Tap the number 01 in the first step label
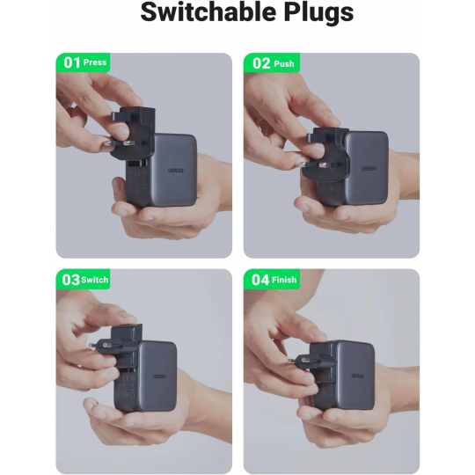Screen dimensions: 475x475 pos(71,62)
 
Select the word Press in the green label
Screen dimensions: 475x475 pos(95,63)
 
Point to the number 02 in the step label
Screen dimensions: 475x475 pos(260,62)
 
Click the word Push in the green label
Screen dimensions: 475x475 pos(284,63)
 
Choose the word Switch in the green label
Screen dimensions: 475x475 pos(96,280)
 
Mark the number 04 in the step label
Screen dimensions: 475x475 pos(260,280)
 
